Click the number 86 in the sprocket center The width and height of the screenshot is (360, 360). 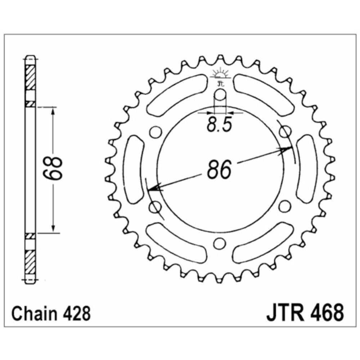(219, 170)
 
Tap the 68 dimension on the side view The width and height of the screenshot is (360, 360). (53, 168)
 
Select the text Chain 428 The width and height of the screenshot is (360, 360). (51, 314)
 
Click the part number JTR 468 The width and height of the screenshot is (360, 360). (305, 313)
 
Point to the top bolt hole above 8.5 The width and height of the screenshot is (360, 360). (220, 95)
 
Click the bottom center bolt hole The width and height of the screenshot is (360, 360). (220, 243)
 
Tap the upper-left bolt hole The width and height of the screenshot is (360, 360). (156, 131)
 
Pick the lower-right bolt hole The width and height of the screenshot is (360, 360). (284, 206)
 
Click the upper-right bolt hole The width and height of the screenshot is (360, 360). (285, 131)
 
